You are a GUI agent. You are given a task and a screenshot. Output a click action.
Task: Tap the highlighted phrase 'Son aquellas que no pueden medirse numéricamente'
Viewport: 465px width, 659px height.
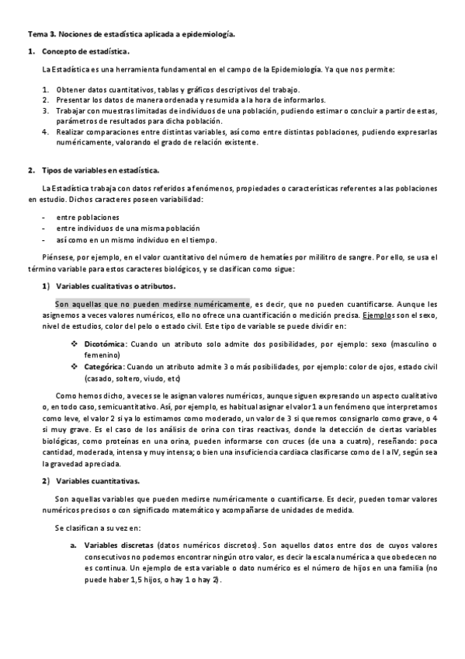click(x=152, y=304)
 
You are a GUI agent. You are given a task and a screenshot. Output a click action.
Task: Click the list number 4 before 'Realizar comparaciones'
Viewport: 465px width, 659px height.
click(x=45, y=132)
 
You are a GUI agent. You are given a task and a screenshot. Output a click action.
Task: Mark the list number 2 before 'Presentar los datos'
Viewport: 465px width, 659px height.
click(x=45, y=99)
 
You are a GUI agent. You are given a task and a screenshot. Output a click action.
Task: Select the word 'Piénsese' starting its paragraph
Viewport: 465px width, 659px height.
click(x=58, y=256)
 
